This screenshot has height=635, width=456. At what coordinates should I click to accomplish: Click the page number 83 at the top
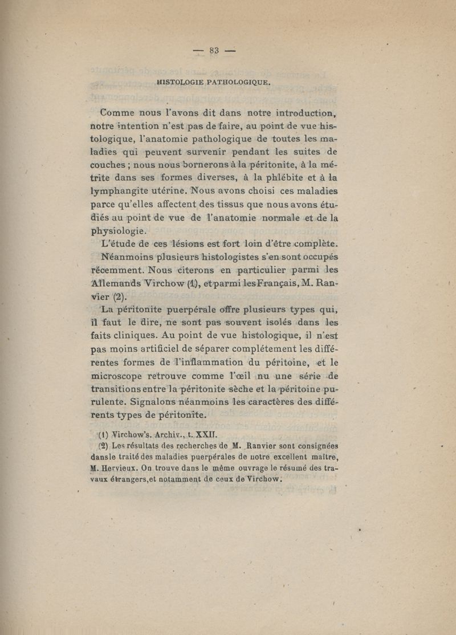coord(214,50)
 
